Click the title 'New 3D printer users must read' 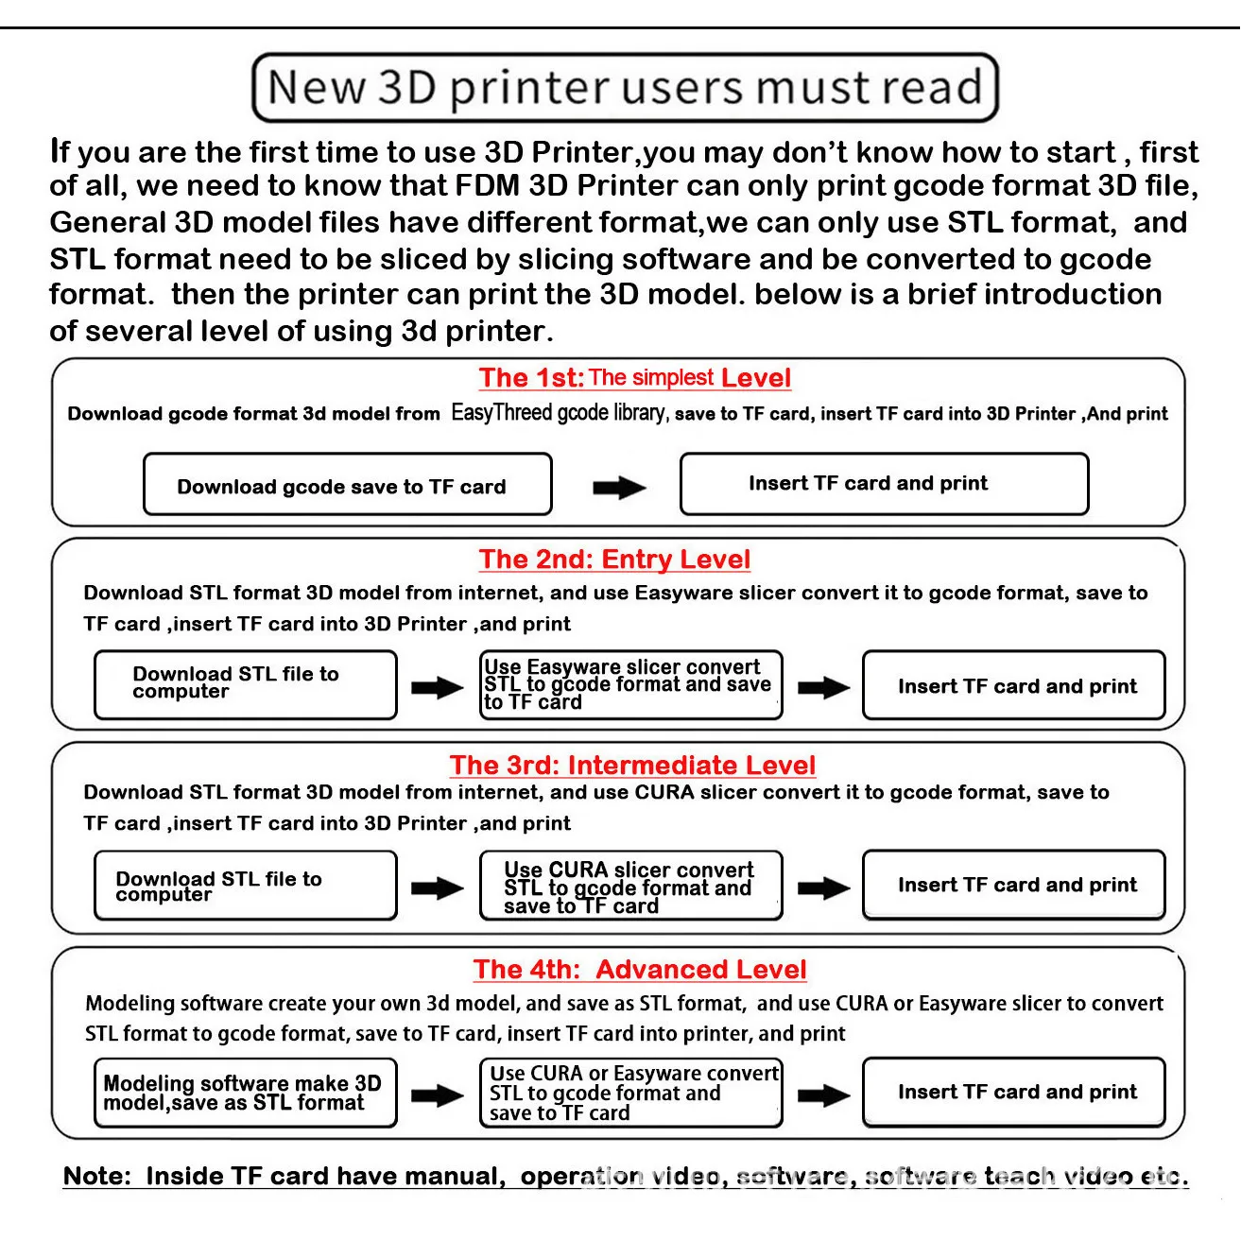(x=625, y=88)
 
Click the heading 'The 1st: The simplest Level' (x=634, y=377)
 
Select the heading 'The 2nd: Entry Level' (x=614, y=559)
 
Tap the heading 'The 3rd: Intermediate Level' (x=632, y=765)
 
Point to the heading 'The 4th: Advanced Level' (x=640, y=969)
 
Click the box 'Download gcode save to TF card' (x=348, y=484)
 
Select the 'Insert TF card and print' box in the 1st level (x=885, y=484)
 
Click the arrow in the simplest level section (x=619, y=488)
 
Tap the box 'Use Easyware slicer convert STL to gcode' (x=631, y=684)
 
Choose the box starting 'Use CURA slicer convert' (x=631, y=886)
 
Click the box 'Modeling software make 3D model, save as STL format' (x=246, y=1093)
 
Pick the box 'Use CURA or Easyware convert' (x=631, y=1093)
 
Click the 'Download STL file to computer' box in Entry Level (x=246, y=684)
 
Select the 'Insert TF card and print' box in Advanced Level (x=1013, y=1093)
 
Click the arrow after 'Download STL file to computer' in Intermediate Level (x=438, y=888)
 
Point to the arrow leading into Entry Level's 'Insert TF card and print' (x=823, y=688)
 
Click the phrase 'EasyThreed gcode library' (x=559, y=412)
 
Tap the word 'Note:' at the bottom (x=97, y=1176)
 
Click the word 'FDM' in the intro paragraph (x=488, y=185)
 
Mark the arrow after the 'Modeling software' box (x=438, y=1095)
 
